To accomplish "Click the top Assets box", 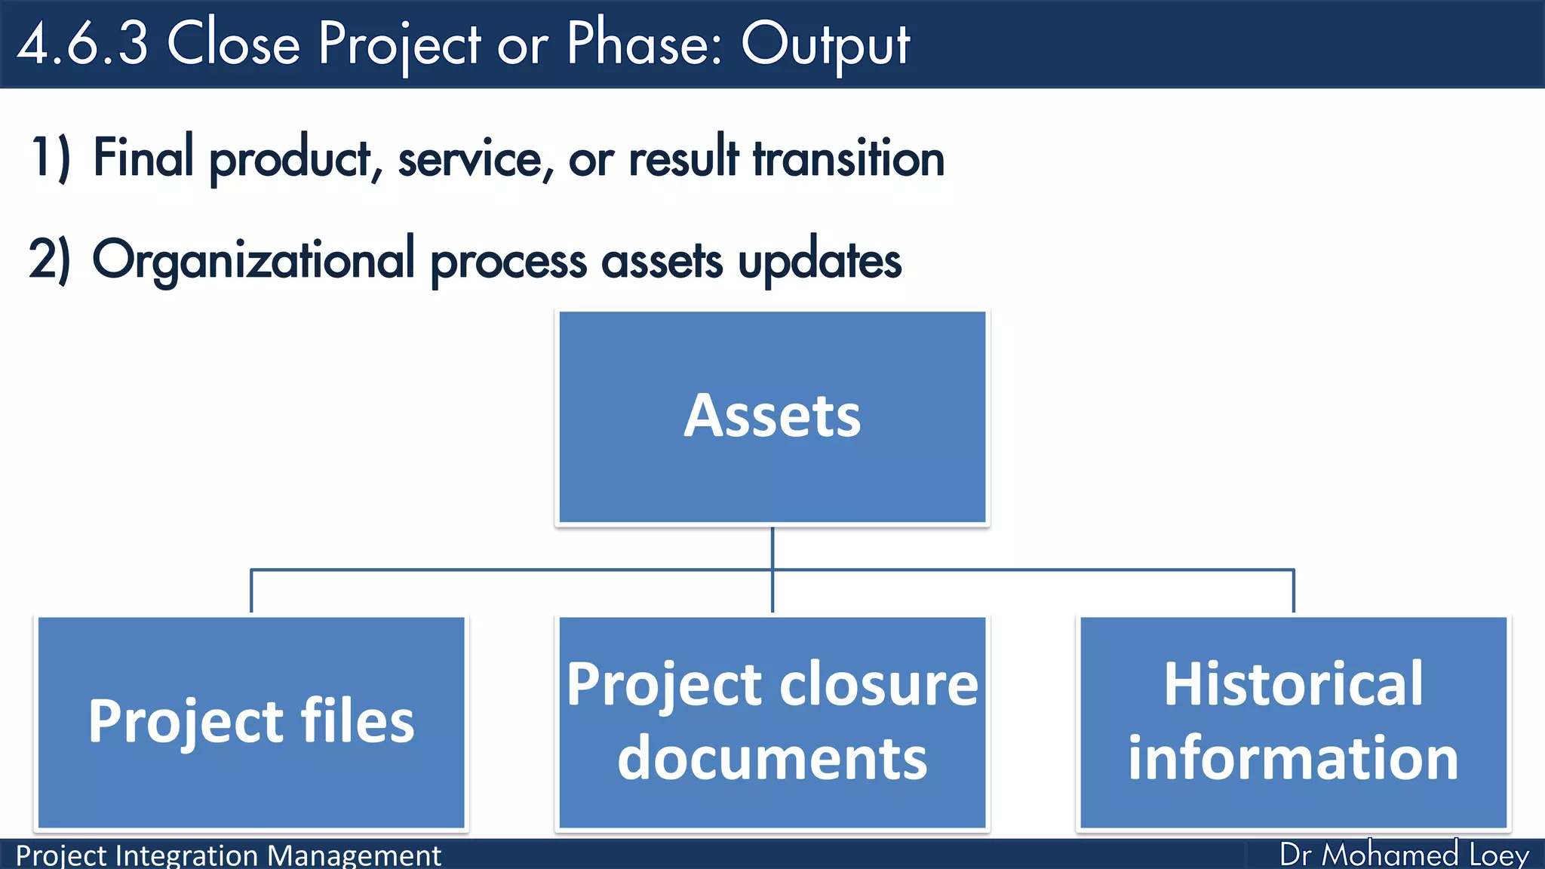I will click(x=772, y=417).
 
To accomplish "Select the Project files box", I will click(x=251, y=723).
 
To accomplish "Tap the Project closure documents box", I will click(x=772, y=723).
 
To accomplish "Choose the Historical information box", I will click(x=1293, y=723).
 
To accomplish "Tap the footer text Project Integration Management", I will click(x=228, y=855).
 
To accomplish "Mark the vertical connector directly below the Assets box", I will click(x=772, y=548).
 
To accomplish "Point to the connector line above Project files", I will click(x=251, y=591).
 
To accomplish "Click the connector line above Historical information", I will click(x=1294, y=591).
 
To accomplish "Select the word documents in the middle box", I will click(x=772, y=758).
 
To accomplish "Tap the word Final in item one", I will click(x=143, y=158).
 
